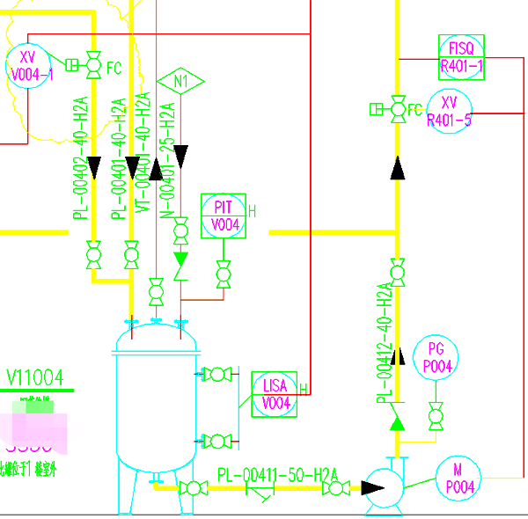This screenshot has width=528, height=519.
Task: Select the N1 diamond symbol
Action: (x=181, y=83)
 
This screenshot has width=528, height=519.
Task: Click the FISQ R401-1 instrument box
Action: (x=461, y=55)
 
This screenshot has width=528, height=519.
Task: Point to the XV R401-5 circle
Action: (x=449, y=111)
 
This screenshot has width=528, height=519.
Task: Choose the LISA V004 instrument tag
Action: (x=275, y=393)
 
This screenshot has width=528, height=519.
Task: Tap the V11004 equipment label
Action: (x=36, y=378)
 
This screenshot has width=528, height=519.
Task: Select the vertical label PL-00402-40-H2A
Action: (x=80, y=158)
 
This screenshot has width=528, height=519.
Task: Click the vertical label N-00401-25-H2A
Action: (x=168, y=158)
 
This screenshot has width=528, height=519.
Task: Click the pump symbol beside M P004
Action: (x=385, y=486)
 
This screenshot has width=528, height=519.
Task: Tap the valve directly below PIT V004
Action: (x=224, y=275)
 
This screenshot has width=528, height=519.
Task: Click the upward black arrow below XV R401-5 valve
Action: (x=397, y=167)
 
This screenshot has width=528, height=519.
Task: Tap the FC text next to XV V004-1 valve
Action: (x=114, y=67)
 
